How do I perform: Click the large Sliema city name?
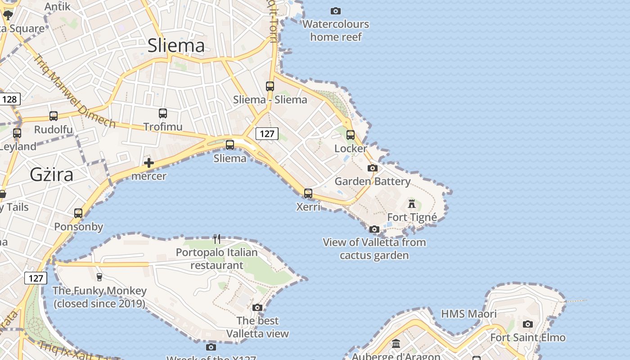click(176, 45)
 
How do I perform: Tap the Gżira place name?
click(51, 174)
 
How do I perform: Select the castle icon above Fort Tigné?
click(412, 204)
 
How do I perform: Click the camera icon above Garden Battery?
click(372, 168)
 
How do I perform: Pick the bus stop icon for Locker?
click(350, 135)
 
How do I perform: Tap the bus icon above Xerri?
click(308, 193)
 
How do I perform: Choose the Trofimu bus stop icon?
click(163, 113)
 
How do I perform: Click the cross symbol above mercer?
click(149, 163)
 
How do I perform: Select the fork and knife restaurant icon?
click(217, 238)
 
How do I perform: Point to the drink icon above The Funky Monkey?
click(99, 277)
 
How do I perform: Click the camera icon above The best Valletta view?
click(257, 308)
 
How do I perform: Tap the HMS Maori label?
click(468, 314)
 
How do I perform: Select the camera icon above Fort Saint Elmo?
click(528, 324)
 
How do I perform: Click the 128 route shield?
click(9, 99)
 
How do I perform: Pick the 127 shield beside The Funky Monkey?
click(36, 278)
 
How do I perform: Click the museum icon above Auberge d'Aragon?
click(396, 344)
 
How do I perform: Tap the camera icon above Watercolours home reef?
click(336, 11)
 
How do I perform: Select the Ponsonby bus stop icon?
click(78, 213)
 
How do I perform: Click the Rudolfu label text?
click(54, 130)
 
